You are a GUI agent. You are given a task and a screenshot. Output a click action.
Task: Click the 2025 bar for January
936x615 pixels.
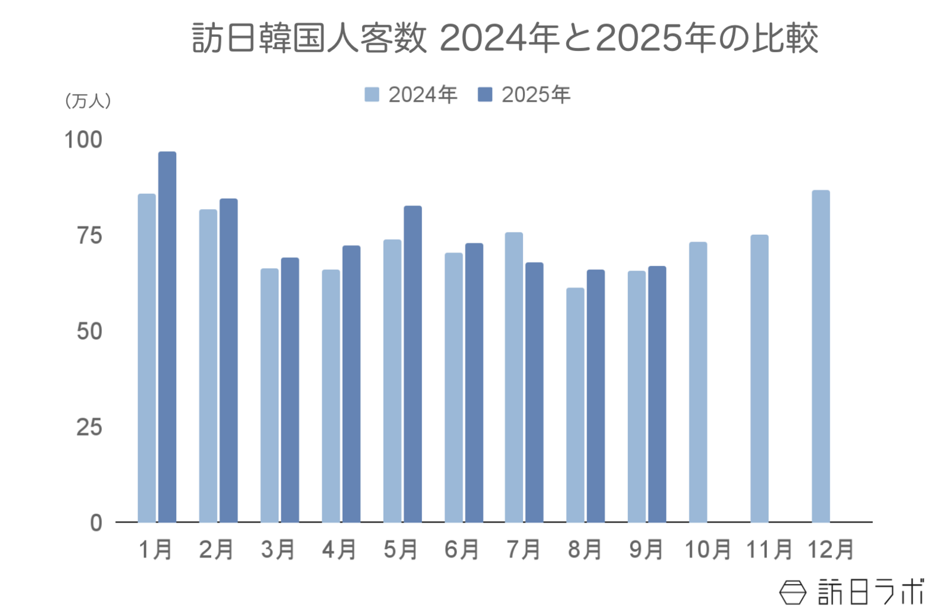tap(167, 337)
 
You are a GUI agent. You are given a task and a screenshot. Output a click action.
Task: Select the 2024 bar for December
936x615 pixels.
tap(821, 356)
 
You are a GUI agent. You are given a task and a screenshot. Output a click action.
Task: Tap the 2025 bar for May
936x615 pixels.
tap(412, 364)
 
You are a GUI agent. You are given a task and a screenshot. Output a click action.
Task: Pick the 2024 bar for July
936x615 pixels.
tap(514, 377)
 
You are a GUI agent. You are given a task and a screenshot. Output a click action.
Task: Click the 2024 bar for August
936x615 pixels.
tap(575, 405)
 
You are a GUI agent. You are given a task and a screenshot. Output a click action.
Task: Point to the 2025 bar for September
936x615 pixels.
tap(657, 394)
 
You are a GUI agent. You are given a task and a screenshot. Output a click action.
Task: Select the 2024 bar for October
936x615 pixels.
tap(698, 382)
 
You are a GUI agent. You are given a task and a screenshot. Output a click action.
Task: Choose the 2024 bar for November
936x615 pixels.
tap(759, 378)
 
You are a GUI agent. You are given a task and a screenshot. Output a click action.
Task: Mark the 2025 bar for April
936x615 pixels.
tap(351, 384)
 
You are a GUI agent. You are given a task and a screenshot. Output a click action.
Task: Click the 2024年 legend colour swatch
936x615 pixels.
tap(371, 94)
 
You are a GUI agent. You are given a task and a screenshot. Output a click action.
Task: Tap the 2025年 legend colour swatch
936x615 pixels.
tap(485, 94)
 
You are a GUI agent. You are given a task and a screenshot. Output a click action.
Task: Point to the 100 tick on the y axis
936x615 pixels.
tap(83, 140)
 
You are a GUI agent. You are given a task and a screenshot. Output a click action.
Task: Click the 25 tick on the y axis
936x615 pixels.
tap(89, 428)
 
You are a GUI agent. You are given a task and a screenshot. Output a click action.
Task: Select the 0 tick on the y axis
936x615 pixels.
tap(96, 522)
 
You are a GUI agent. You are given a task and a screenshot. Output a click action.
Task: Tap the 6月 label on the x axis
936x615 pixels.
tap(462, 549)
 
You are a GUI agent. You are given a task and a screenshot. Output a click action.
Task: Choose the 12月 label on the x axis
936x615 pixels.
tap(831, 549)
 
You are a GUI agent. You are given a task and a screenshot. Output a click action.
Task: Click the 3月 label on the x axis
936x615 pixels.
tap(278, 549)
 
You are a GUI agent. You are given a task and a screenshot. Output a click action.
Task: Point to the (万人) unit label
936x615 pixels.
tap(88, 101)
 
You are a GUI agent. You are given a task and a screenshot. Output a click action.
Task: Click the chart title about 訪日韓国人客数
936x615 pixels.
tap(505, 39)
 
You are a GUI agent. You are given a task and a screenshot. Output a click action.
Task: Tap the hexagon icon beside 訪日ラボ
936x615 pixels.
tap(792, 592)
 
